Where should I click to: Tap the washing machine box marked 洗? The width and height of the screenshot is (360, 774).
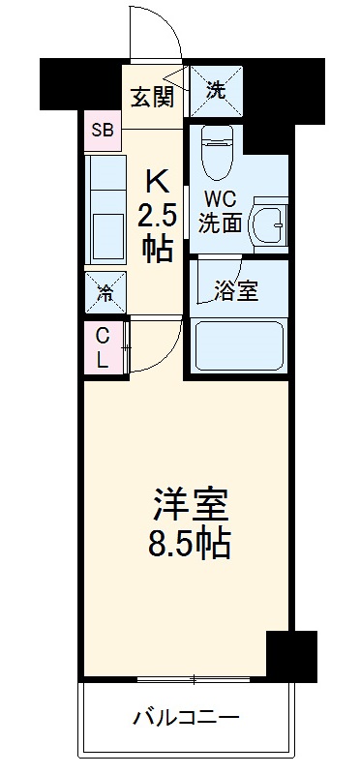pos(217,91)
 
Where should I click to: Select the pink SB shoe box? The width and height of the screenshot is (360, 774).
pos(102,130)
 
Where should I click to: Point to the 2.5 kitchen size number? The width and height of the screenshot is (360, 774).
pos(158,213)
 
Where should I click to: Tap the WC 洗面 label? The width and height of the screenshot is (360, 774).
pos(221,213)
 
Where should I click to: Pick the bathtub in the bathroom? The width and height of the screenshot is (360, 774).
pos(238,343)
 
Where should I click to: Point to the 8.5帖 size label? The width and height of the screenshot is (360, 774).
pos(190,546)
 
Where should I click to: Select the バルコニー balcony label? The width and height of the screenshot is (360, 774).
pos(186,717)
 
